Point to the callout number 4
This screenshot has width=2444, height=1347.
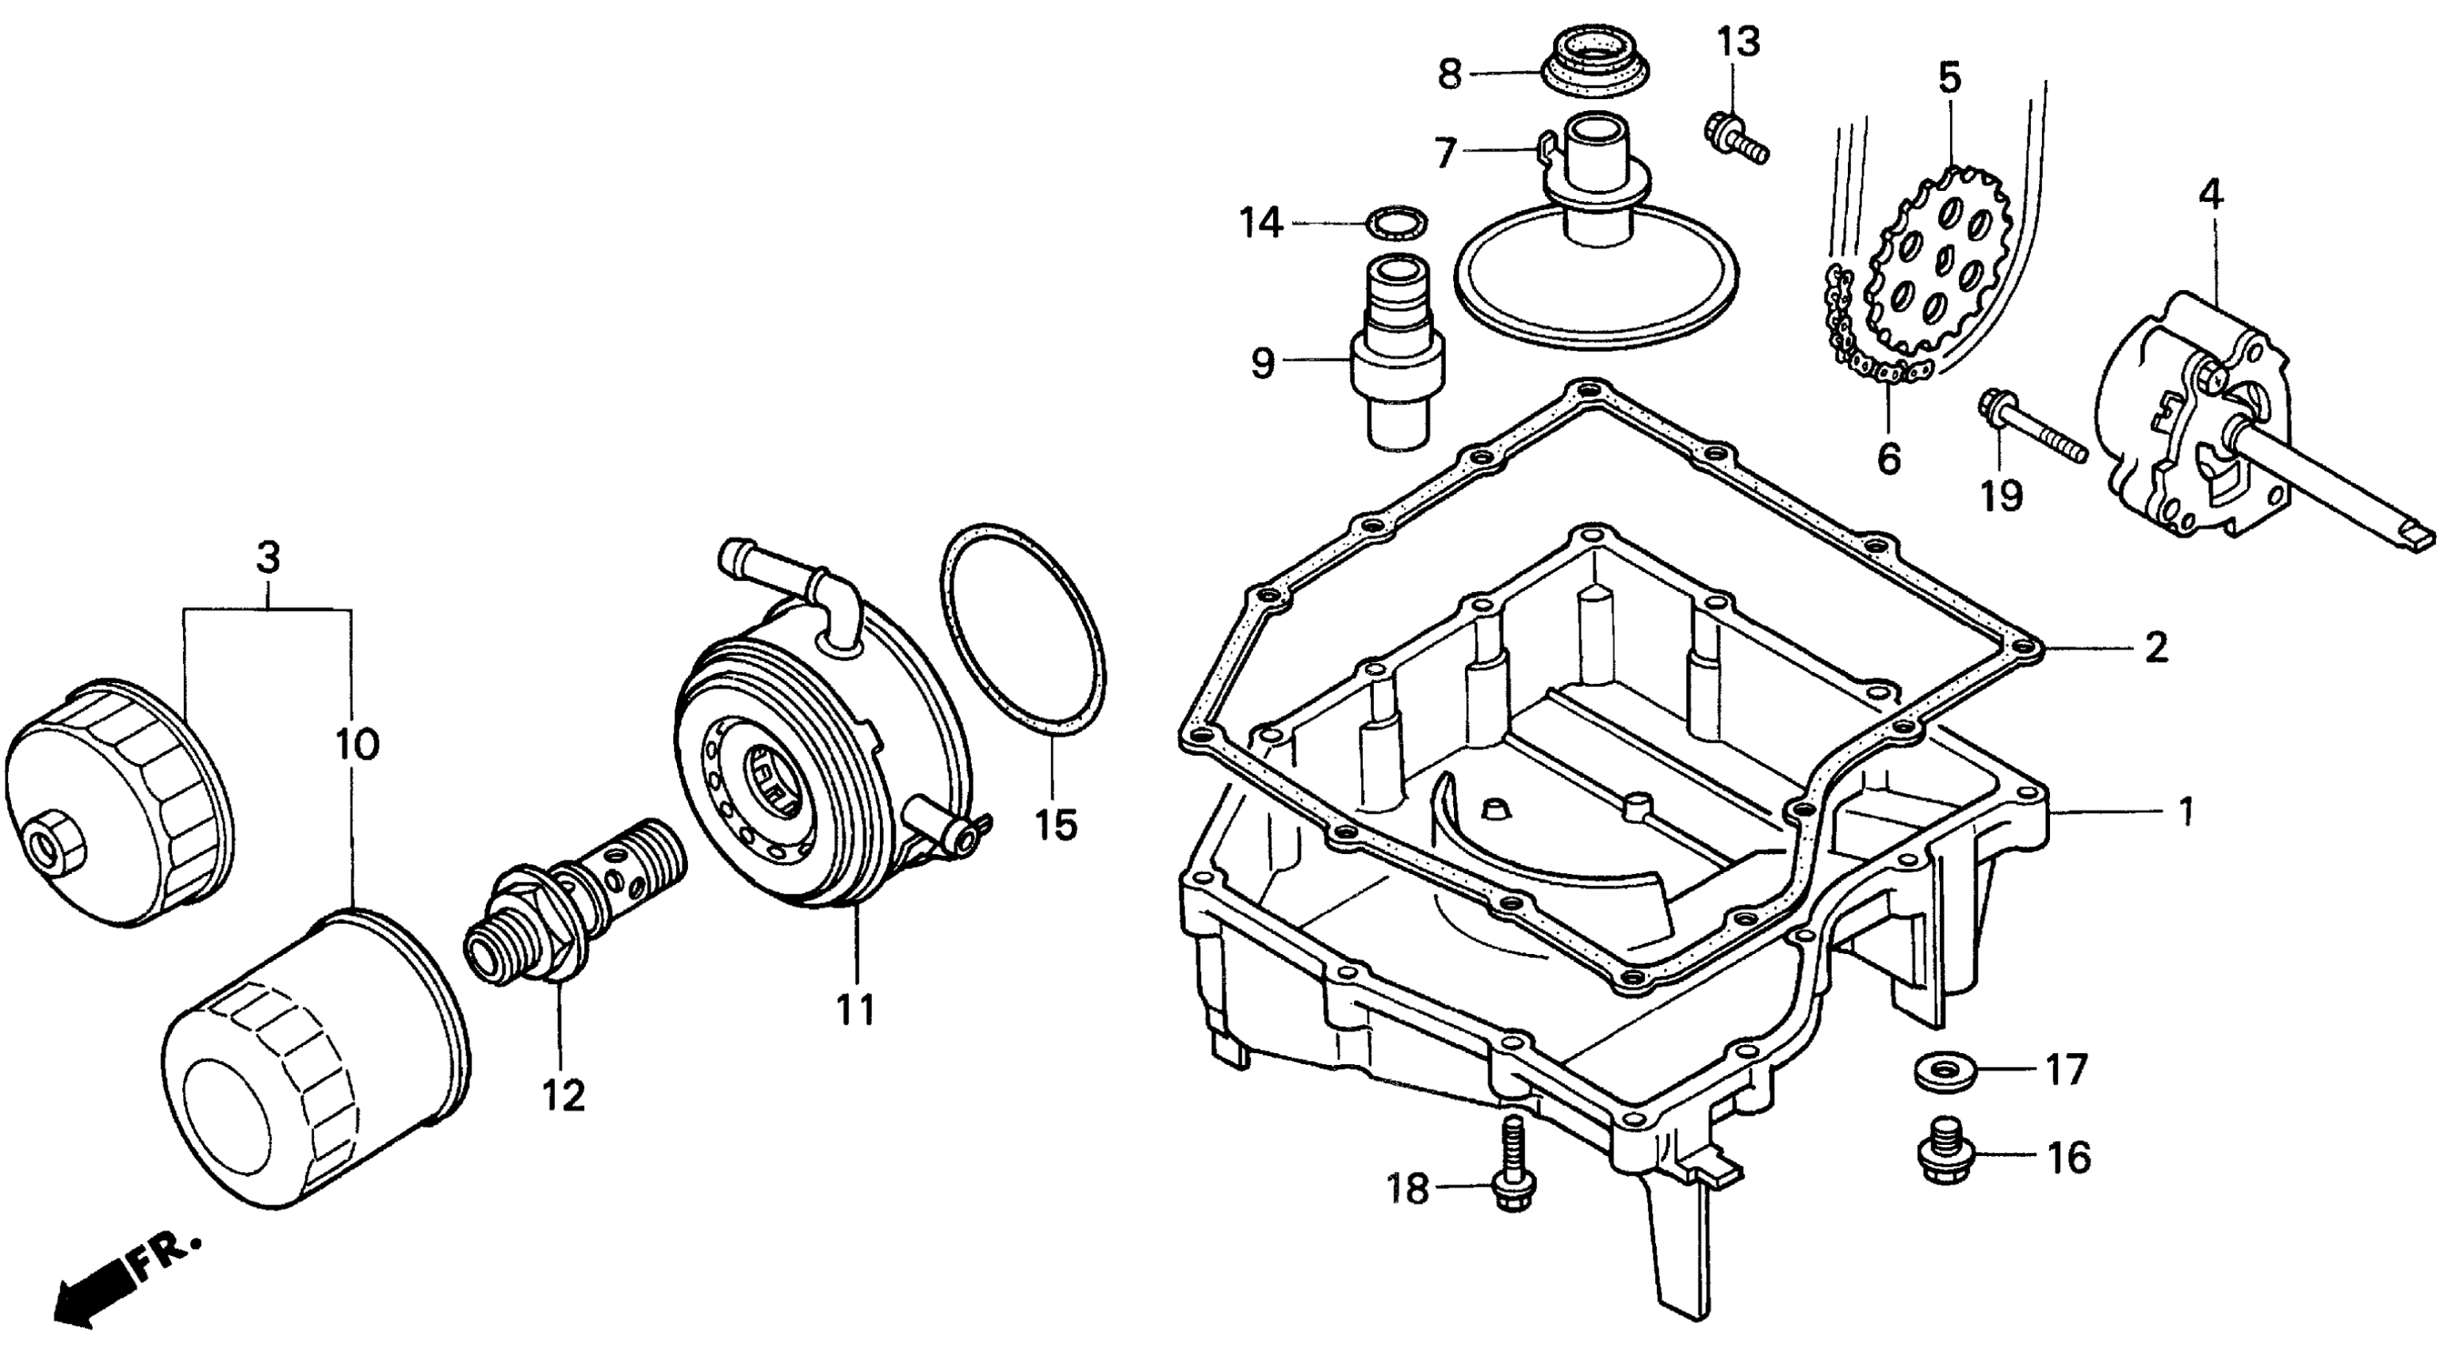click(x=2211, y=196)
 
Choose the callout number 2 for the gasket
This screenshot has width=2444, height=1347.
click(x=2156, y=649)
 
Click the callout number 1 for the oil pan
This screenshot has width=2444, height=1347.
click(x=2185, y=812)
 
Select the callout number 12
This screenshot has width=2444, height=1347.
click(x=564, y=1096)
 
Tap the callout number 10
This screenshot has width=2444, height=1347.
click(x=357, y=744)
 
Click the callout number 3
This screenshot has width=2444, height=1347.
click(x=269, y=557)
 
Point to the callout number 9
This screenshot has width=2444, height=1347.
click(x=1263, y=361)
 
